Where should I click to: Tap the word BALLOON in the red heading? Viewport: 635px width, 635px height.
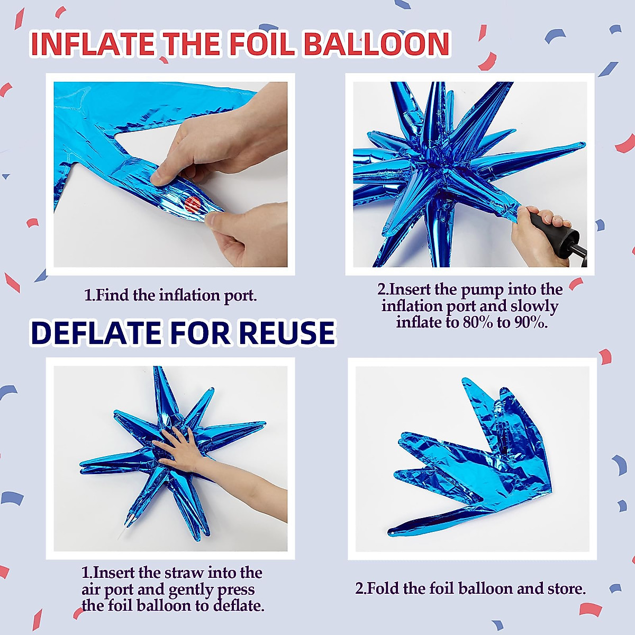click(376, 44)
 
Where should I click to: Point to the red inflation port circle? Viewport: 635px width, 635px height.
click(193, 204)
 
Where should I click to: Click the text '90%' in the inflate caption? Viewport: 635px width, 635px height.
click(530, 322)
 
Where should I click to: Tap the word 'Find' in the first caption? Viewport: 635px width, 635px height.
click(113, 295)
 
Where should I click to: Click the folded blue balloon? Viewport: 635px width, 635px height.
click(476, 455)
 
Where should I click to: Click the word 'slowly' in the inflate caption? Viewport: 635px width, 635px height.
click(534, 306)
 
